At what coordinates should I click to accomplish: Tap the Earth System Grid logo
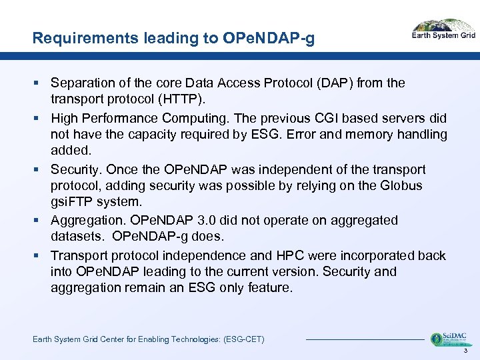pos(443,31)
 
